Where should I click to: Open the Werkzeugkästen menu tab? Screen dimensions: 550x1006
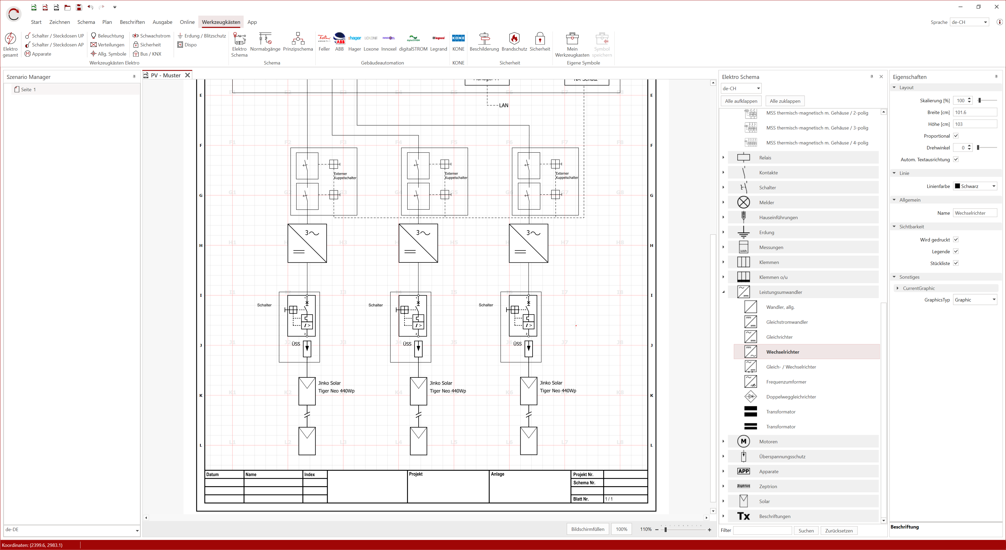point(221,22)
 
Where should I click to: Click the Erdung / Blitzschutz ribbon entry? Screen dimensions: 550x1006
point(202,36)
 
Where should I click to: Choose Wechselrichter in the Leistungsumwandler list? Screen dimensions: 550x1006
point(783,352)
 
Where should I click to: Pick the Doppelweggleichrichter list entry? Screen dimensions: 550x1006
point(791,396)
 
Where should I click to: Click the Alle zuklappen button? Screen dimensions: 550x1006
point(785,101)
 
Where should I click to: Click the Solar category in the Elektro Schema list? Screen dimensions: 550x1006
point(764,501)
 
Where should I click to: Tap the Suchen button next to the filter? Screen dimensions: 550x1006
point(806,530)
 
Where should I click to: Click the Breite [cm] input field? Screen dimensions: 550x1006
point(974,112)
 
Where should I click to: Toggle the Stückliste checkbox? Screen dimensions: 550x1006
point(956,263)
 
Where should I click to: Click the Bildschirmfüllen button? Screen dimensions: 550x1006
point(587,529)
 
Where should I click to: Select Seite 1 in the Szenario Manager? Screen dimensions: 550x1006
point(28,89)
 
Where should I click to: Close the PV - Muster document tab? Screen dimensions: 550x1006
point(187,75)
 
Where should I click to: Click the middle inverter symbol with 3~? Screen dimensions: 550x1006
point(418,243)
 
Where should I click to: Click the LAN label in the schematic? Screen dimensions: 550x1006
point(503,105)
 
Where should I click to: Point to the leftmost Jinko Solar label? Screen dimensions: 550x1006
point(329,383)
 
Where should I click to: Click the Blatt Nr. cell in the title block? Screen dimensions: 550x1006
point(581,499)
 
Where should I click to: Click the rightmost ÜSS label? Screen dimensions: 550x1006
point(517,344)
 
